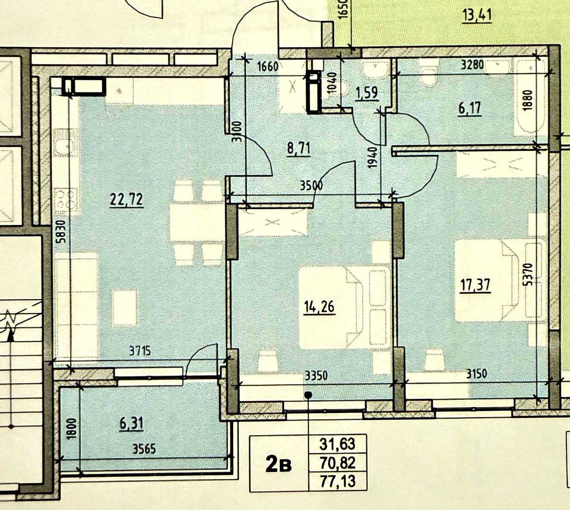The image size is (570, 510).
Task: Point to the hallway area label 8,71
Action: [298, 149]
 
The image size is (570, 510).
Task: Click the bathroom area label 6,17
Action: [470, 108]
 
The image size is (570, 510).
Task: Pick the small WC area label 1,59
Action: [367, 93]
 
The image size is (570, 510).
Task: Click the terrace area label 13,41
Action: [477, 15]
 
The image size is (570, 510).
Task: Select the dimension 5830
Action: [62, 232]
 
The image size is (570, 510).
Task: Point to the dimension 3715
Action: [140, 351]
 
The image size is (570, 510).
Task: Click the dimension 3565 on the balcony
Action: [144, 449]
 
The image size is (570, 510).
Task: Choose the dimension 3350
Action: [316, 375]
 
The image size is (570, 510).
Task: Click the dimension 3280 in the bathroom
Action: [472, 65]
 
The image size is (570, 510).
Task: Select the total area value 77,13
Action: [338, 481]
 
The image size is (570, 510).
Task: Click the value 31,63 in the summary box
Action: [337, 444]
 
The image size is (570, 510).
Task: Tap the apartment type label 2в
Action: [279, 463]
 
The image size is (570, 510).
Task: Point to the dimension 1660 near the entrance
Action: [268, 67]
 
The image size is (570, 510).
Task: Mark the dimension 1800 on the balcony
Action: [72, 428]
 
